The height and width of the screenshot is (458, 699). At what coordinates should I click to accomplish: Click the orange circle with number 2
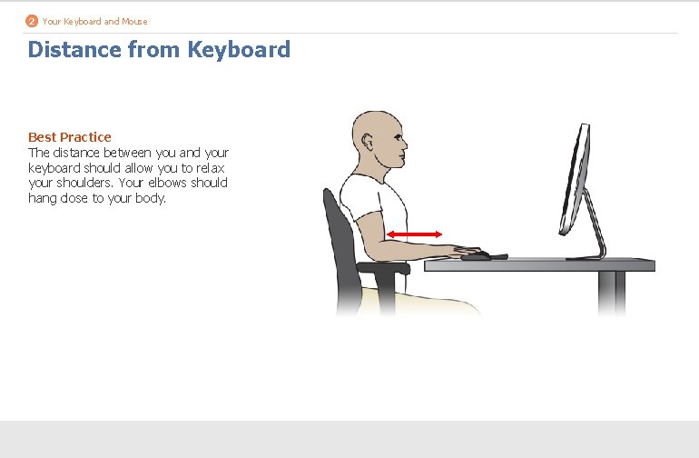pyautogui.click(x=32, y=21)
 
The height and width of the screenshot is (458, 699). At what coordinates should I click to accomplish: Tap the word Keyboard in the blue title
pyautogui.click(x=239, y=49)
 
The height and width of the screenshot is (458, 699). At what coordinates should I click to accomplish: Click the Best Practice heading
pyautogui.click(x=70, y=137)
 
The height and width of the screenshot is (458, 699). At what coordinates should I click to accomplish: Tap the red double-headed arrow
pyautogui.click(x=414, y=234)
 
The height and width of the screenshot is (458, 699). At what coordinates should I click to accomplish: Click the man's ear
pyautogui.click(x=368, y=144)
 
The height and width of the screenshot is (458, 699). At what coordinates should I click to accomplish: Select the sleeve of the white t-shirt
pyautogui.click(x=368, y=221)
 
